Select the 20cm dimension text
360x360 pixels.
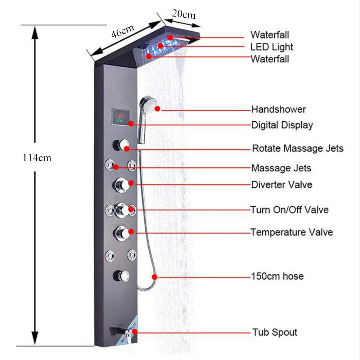click(x=183, y=14)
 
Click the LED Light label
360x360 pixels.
click(x=272, y=47)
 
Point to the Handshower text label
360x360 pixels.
click(x=278, y=109)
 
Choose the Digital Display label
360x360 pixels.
click(x=282, y=125)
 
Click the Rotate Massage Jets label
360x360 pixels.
click(x=297, y=148)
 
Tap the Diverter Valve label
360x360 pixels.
click(x=282, y=185)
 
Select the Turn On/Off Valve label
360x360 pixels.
click(x=289, y=209)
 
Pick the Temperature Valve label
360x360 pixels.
click(x=292, y=232)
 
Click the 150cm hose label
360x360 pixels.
click(x=277, y=276)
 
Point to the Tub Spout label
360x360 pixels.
click(x=275, y=332)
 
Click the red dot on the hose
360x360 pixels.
click(x=155, y=277)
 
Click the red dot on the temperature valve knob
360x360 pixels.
click(x=131, y=232)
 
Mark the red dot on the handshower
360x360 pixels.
click(x=157, y=108)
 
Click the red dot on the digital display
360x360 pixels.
click(x=131, y=123)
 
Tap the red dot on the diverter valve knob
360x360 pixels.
click(x=131, y=183)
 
